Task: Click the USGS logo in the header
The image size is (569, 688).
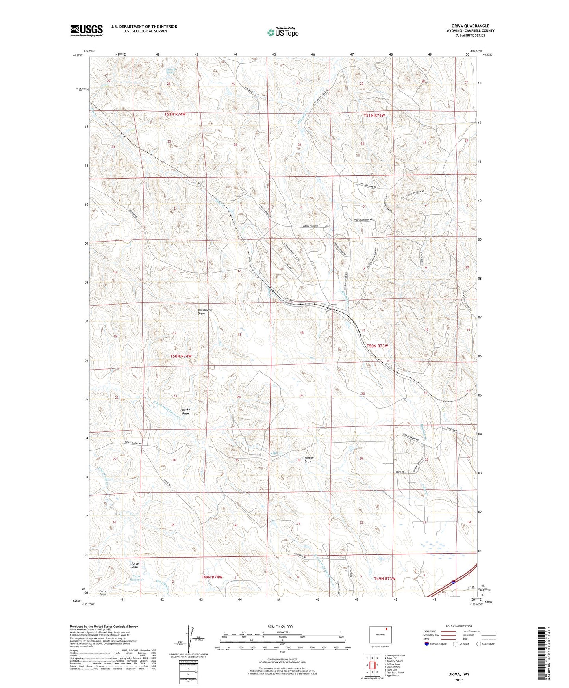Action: (87, 30)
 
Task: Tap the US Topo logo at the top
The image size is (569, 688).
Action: (282, 32)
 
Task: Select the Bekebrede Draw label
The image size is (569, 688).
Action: (205, 312)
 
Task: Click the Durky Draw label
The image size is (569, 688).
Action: (186, 411)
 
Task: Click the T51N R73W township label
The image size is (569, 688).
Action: (374, 115)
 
